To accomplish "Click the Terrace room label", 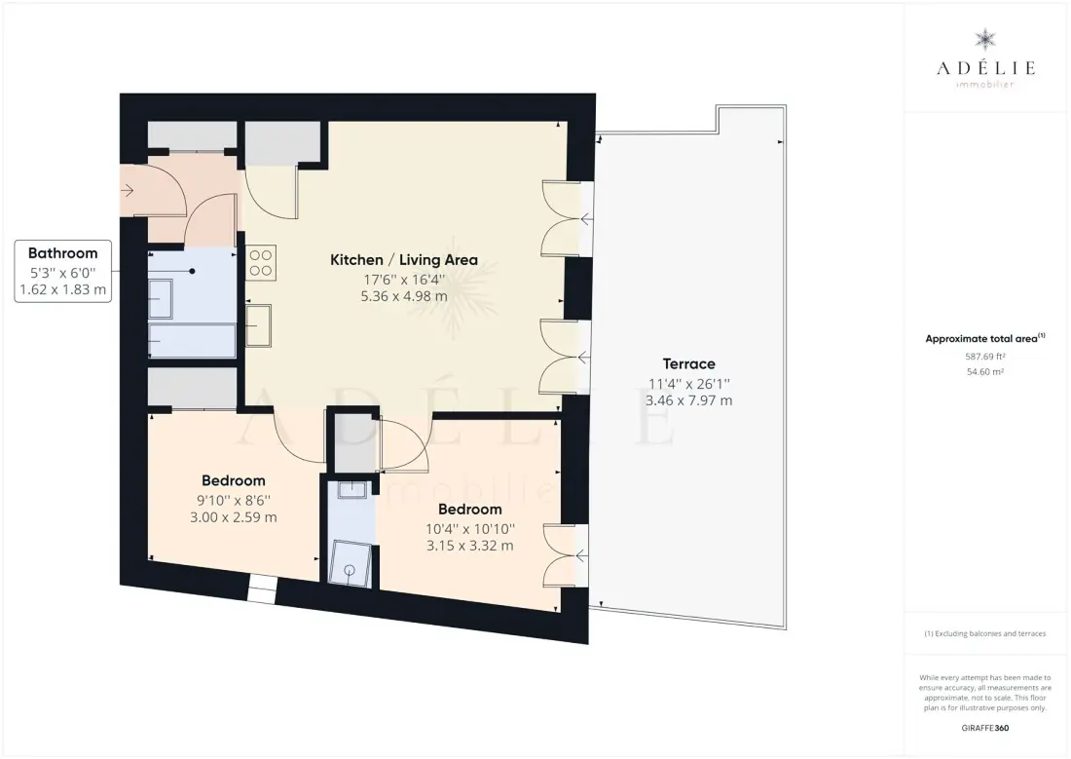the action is click(688, 363).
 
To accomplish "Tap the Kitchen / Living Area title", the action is click(404, 260).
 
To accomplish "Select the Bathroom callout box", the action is click(63, 272).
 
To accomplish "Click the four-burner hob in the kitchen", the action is click(260, 262).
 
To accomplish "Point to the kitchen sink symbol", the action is click(258, 325).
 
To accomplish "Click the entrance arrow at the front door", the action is click(127, 191).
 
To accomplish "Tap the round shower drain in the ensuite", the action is click(351, 569).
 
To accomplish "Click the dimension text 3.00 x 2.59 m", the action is click(234, 517).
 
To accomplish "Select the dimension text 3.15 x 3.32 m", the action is click(470, 546).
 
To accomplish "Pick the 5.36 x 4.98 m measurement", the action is click(404, 296).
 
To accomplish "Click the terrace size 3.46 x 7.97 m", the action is click(688, 400).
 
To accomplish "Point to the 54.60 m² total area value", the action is click(985, 372).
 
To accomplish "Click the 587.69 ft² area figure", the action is click(985, 357).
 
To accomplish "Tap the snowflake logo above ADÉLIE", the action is click(985, 40).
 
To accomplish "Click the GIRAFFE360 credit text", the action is click(985, 728).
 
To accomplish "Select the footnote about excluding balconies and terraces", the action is click(985, 634).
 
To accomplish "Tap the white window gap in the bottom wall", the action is click(262, 589).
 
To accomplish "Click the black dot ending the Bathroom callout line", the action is click(193, 272).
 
